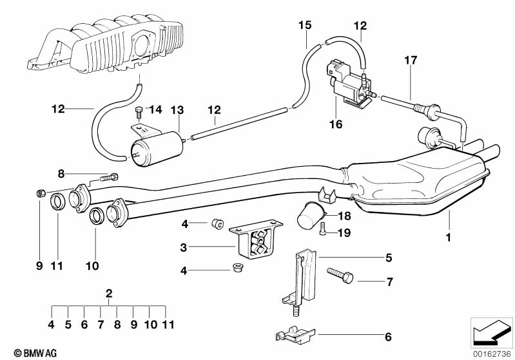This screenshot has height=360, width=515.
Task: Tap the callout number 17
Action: click(411, 61)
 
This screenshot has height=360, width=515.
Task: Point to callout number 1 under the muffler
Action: click(449, 238)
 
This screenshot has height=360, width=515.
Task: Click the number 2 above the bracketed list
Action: click(109, 294)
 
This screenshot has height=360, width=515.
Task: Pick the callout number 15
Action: click(305, 26)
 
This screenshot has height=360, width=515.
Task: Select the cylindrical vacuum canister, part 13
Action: click(155, 148)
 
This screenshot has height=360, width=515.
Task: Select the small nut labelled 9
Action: click(40, 193)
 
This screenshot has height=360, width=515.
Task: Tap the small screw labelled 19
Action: click(324, 232)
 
